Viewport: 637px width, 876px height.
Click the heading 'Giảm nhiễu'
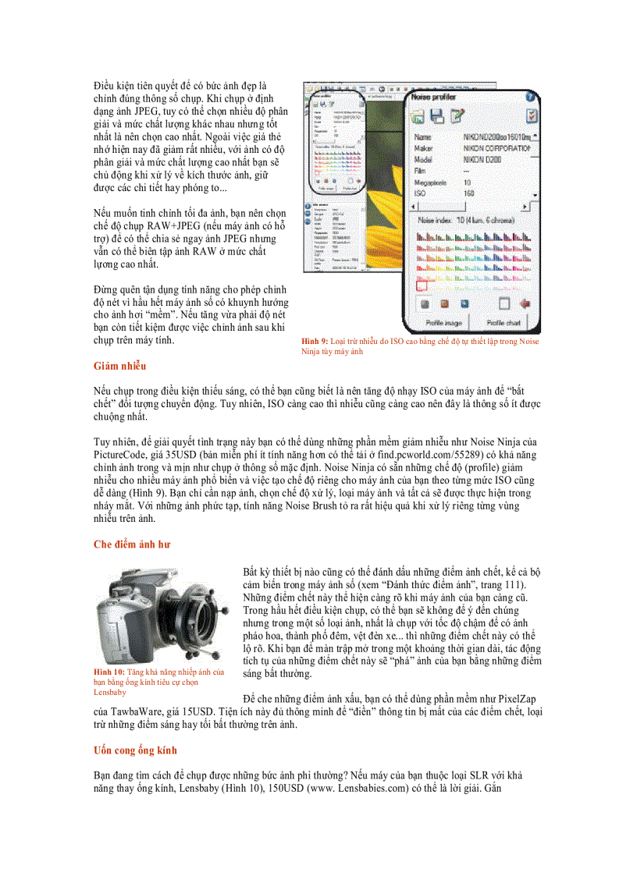119,365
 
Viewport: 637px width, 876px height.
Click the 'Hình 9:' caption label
315,342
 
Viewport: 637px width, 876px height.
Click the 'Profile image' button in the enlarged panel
443,322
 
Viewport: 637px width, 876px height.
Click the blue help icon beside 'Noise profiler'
530,98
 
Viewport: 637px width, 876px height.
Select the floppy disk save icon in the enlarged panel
437,116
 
